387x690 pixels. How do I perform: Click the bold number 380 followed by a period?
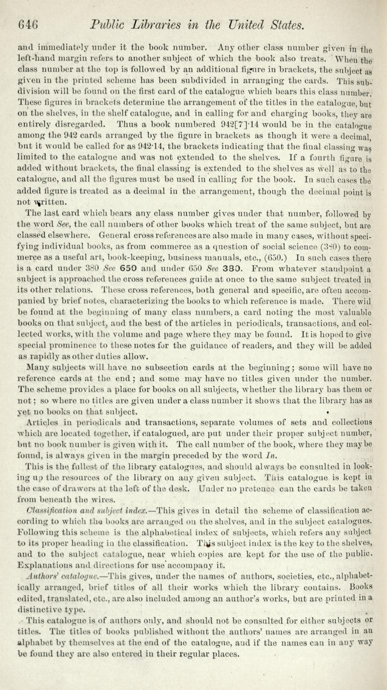click(x=300, y=211)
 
